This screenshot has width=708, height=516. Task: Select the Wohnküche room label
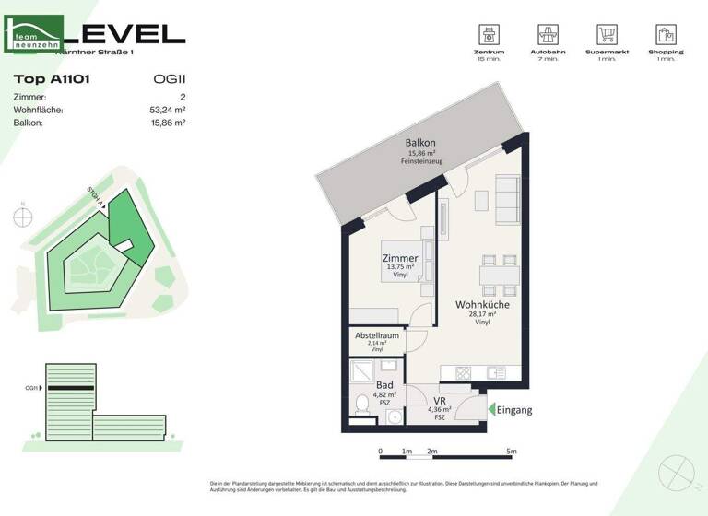click(x=482, y=304)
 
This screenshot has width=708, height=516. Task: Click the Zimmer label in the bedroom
click(x=400, y=259)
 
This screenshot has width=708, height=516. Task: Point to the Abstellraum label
click(x=377, y=336)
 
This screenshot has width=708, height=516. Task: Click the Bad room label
click(x=384, y=384)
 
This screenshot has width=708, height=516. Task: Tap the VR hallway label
click(x=441, y=400)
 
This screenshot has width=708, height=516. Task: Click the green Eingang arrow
click(x=491, y=410)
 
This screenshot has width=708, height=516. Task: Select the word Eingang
click(x=514, y=410)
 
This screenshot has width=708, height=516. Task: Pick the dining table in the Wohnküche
click(x=498, y=272)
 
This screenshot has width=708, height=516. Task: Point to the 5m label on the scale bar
click(x=512, y=451)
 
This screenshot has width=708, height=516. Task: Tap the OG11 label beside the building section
click(x=32, y=388)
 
